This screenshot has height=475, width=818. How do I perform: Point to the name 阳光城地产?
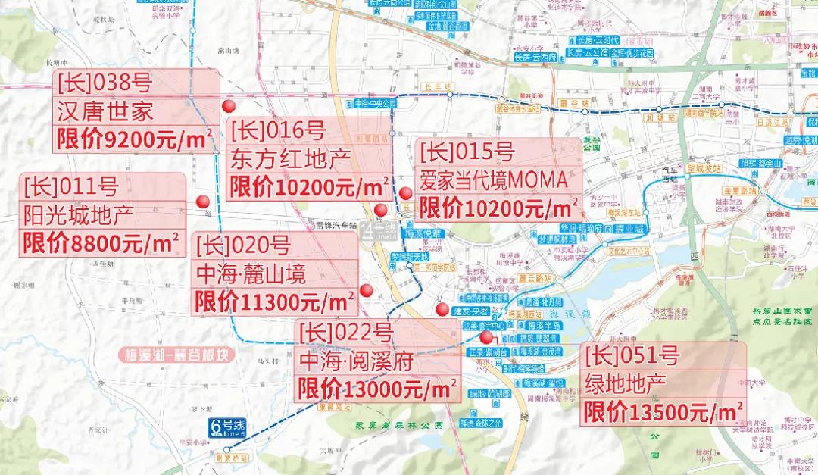pos(79,214)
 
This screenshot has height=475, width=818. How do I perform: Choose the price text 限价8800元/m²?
pos(101,242)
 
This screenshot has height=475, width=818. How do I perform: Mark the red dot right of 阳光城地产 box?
pos(202,201)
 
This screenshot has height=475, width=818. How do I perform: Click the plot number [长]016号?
pos(278,131)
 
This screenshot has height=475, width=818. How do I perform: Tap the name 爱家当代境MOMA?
pos(493,180)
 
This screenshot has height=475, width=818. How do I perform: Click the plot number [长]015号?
pos(467,152)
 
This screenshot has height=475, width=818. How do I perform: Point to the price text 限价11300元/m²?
pos(276,301)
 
